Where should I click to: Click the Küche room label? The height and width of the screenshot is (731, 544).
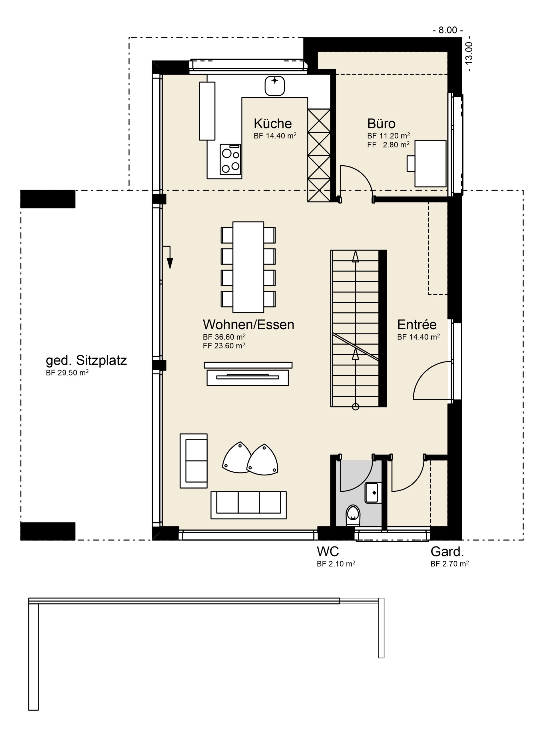click(273, 123)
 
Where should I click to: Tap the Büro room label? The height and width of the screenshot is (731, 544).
click(381, 123)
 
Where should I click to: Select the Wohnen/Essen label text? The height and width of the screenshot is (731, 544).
click(248, 324)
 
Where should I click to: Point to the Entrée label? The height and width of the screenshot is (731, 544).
click(417, 324)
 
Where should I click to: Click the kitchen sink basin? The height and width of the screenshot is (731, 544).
click(275, 86)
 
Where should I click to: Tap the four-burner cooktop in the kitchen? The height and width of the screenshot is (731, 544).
click(230, 159)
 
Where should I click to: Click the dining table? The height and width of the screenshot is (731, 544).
click(248, 267)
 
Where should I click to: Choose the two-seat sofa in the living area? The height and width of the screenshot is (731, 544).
click(194, 461)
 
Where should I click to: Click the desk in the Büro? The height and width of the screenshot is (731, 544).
click(430, 164)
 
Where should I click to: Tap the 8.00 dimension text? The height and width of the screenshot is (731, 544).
click(448, 30)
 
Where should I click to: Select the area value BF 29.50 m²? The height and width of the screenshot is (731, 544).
click(67, 373)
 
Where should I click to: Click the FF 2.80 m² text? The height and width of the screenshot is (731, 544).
click(388, 144)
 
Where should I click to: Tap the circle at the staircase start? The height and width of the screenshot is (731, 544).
click(355, 407)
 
